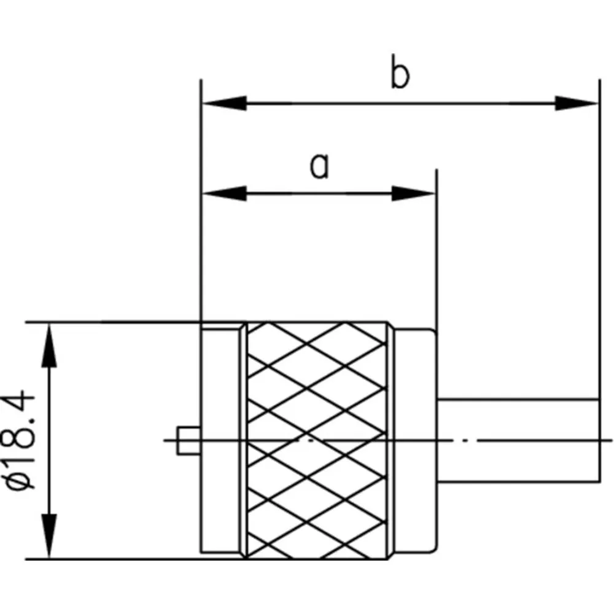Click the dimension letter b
[400, 76]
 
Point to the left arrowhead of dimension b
[224, 103]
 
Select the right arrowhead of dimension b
[576, 103]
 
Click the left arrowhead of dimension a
[224, 193]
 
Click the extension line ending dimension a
[436, 246]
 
